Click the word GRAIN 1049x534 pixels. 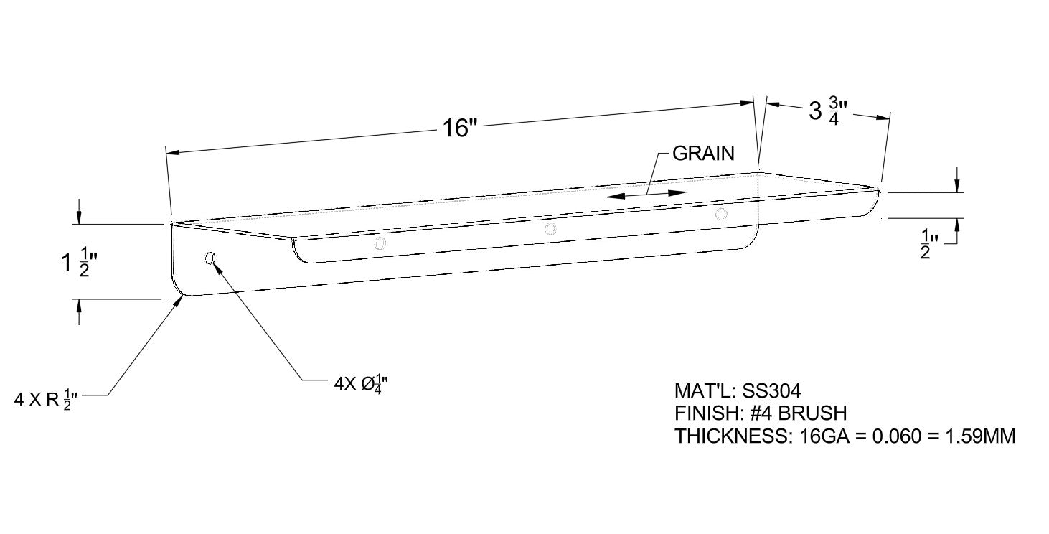703,154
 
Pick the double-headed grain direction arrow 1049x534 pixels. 646,195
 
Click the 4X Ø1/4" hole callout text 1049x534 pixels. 361,384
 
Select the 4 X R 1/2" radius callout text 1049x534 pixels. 45,400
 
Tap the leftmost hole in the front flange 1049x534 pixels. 210,258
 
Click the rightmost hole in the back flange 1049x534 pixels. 721,214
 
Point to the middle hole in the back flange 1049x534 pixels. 551,229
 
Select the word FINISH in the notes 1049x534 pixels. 705,413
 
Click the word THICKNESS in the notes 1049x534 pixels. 731,436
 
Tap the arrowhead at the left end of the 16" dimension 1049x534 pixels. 173,153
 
